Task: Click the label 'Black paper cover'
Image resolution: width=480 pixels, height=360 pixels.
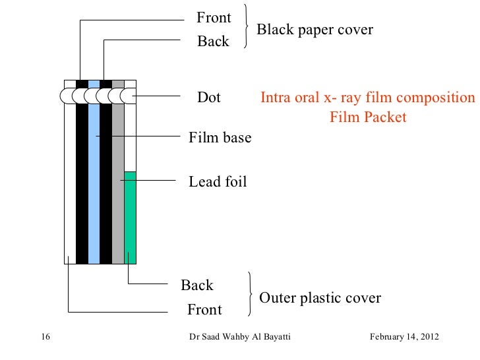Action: click(x=315, y=30)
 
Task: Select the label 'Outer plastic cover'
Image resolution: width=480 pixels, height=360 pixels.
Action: click(x=320, y=298)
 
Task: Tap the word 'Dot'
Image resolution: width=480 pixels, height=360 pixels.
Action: click(x=209, y=98)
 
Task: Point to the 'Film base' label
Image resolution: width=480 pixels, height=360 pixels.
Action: click(x=220, y=138)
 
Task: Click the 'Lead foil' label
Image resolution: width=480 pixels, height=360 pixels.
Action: click(x=218, y=181)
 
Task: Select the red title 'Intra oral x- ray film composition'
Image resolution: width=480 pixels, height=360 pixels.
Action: click(x=367, y=98)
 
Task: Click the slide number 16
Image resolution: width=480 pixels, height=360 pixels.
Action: click(x=45, y=338)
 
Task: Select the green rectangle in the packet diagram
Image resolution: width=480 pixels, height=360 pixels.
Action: click(x=130, y=216)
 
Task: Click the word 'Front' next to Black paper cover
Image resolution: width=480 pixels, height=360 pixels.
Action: click(x=214, y=18)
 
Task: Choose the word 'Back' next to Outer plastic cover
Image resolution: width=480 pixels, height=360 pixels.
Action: click(x=197, y=285)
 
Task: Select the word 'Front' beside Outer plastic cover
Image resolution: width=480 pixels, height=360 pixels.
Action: click(x=204, y=309)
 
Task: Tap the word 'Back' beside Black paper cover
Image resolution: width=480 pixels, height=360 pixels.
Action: click(x=213, y=42)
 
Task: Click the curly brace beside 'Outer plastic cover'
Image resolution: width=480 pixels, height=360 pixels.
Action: click(x=250, y=295)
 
